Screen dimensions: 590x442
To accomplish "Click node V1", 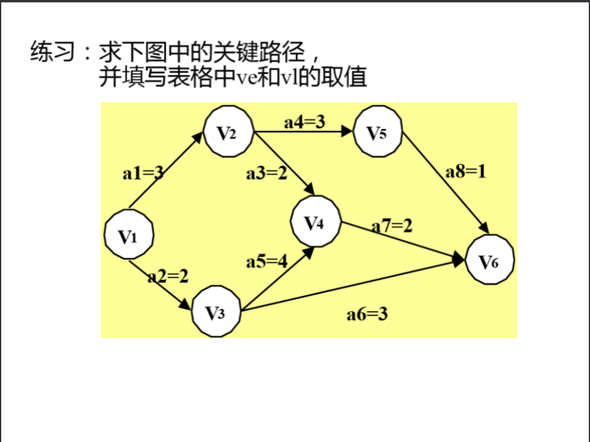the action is point(129,235).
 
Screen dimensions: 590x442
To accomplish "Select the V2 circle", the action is point(228,131).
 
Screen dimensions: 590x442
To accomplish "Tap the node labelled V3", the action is point(216,311).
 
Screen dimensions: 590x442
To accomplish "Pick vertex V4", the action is point(315,222).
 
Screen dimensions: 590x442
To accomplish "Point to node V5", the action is point(378,131).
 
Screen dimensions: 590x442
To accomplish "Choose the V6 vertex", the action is point(490,259).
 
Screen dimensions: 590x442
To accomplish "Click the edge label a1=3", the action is point(143,173).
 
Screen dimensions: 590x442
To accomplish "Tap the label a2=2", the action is point(168,276).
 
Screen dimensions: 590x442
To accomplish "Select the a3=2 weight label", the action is point(267,173).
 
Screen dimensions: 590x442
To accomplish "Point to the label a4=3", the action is point(304,122).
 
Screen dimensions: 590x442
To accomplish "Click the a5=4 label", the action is point(267,261).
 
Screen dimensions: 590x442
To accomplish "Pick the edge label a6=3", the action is point(367,314).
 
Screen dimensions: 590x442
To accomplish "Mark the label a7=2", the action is point(392,226).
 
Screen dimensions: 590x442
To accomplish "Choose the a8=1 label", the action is point(466,171).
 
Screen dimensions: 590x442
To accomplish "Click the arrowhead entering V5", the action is point(347,131).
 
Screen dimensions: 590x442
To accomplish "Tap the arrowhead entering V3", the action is point(186,304).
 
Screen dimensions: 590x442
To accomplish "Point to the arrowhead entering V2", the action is point(198,137).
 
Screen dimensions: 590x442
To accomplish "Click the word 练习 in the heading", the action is point(53,51).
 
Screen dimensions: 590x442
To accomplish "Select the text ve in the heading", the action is point(247,77).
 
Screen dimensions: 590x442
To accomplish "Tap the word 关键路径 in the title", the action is point(259,51).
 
